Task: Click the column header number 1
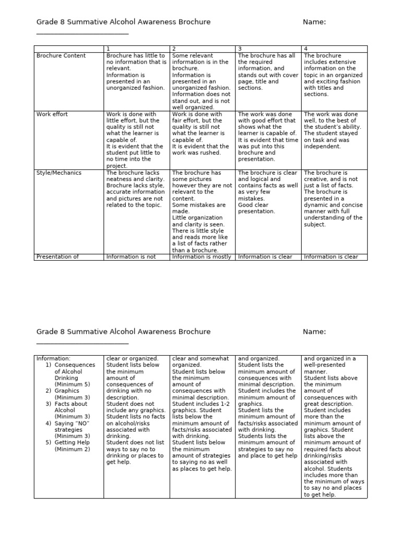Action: pos(108,49)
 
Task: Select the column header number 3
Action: pos(240,49)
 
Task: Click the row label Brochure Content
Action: pos(61,56)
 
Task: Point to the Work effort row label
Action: pos(52,114)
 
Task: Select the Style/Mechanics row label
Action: pos(59,173)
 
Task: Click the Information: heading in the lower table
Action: pos(53,359)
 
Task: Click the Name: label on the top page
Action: pos(314,22)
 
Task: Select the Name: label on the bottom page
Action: pos(314,332)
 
